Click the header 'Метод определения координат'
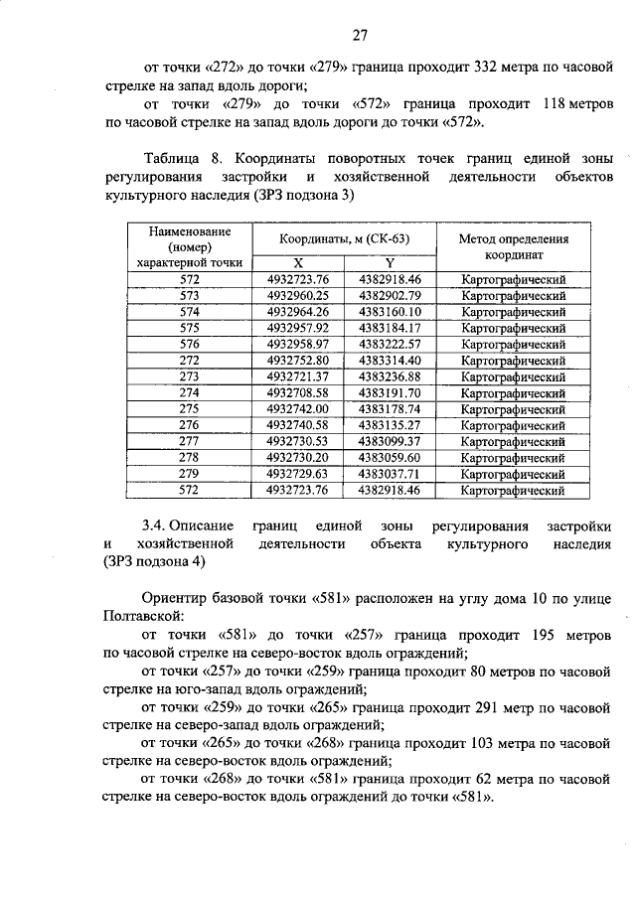point(514,246)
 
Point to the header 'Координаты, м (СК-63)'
point(344,239)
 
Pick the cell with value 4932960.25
point(297,295)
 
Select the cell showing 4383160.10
point(391,311)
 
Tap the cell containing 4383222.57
point(391,343)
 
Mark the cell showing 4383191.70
point(391,392)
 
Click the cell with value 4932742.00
point(297,408)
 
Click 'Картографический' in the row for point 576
point(514,343)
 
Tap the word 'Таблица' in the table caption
point(173,159)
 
